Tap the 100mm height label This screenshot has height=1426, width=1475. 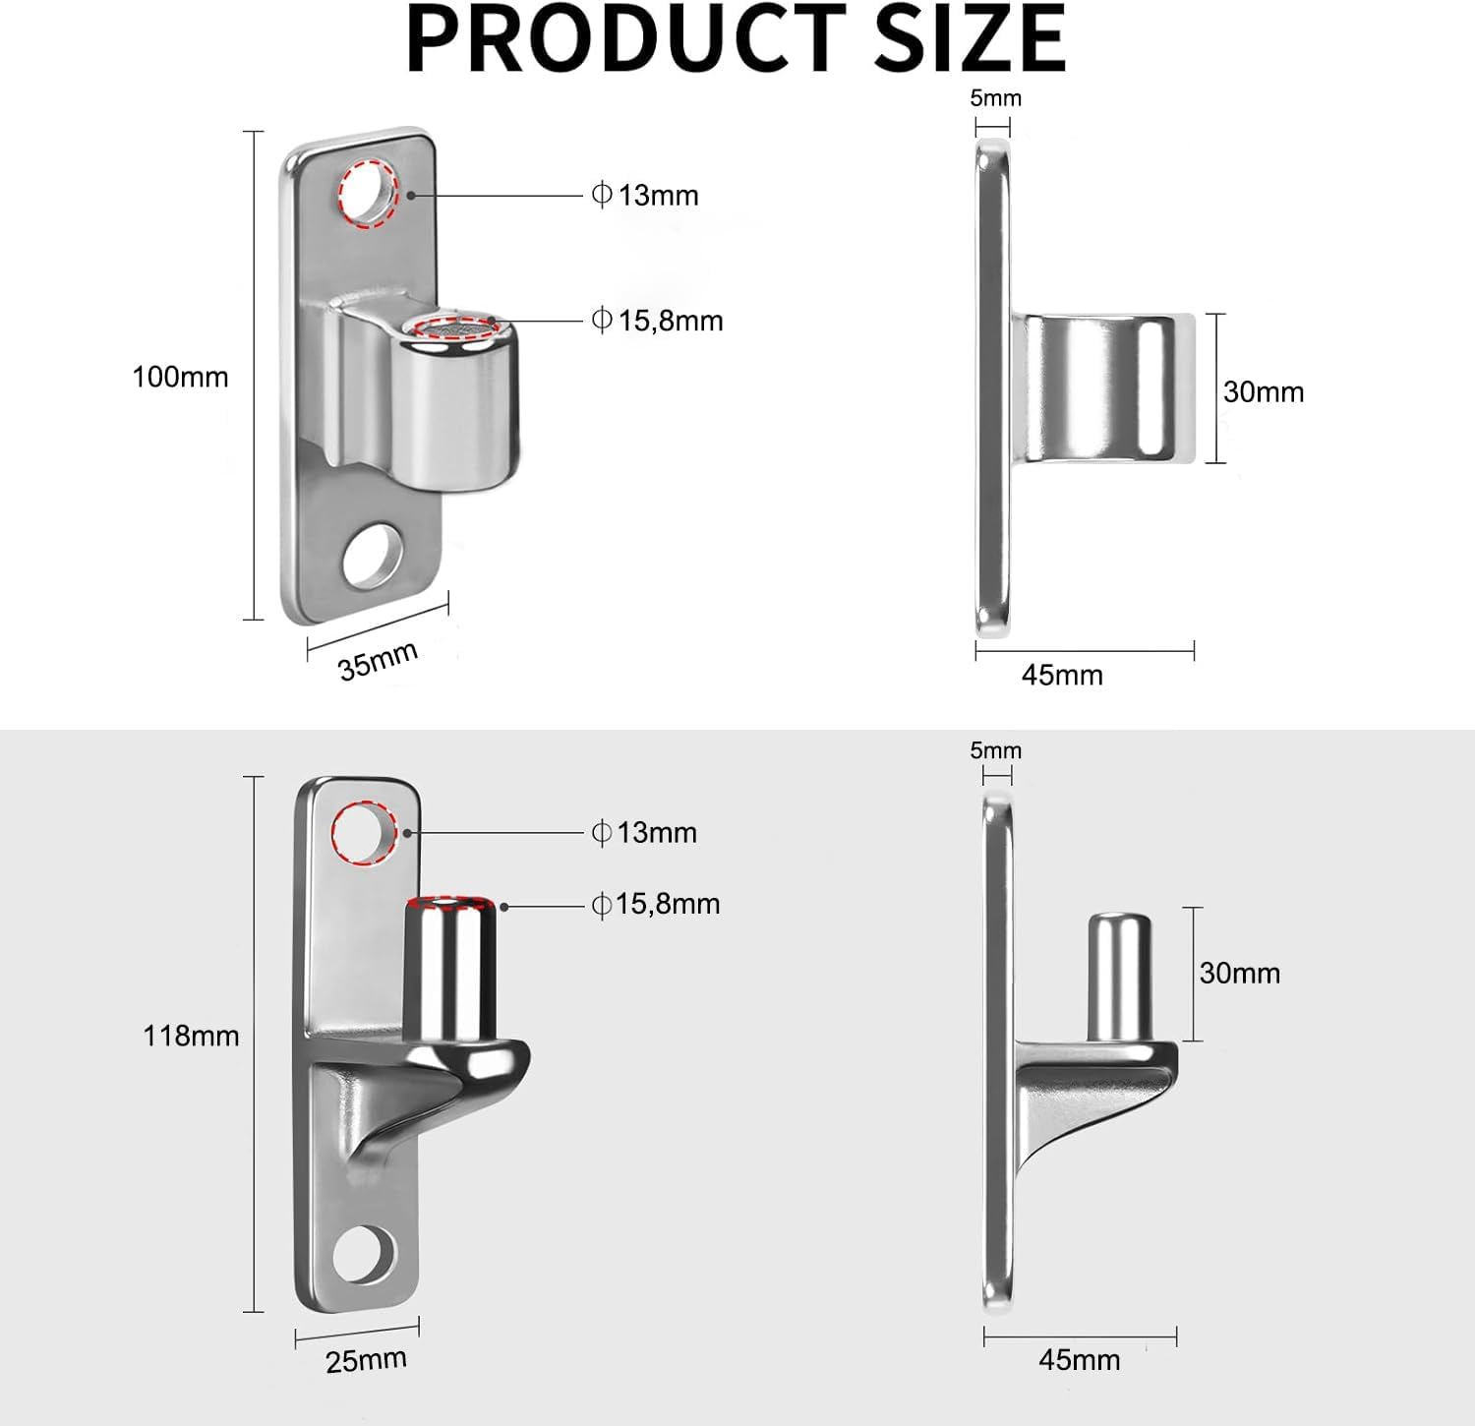coord(180,377)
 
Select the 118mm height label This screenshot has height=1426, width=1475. coord(191,1036)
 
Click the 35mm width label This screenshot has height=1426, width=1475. coord(379,659)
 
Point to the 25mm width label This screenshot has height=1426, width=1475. coord(366,1361)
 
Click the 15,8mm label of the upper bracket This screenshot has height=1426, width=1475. coord(670,321)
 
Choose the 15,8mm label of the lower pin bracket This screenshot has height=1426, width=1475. coord(668,904)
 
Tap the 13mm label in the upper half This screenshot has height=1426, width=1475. coord(657,196)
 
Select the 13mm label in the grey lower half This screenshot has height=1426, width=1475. coord(656,833)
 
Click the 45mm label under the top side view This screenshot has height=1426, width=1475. coord(1062,676)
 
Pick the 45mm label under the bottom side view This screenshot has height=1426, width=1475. coord(1079,1360)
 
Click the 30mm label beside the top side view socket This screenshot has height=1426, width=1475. coord(1264,391)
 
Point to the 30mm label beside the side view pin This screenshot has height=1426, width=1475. coord(1239,974)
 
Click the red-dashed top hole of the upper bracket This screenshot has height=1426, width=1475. coord(367,194)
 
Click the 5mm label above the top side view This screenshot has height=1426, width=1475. coord(995,98)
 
